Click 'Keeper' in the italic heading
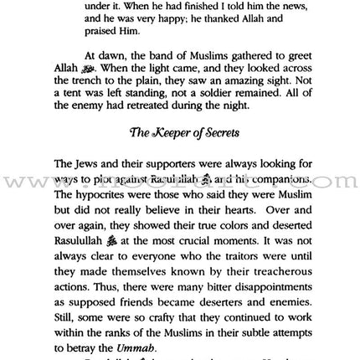click(x=169, y=158)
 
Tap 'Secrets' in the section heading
click(x=220, y=158)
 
